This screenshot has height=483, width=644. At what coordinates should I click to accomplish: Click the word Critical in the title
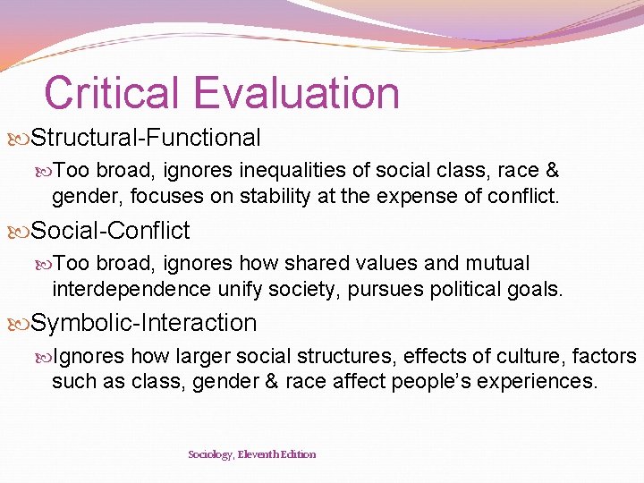click(113, 93)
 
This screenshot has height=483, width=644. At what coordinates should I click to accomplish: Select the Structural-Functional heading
click(146, 138)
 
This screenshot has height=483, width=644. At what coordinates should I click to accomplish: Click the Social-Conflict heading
click(111, 231)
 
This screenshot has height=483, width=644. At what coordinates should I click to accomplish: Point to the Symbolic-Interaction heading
click(144, 323)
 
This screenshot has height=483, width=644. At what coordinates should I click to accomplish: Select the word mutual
click(497, 264)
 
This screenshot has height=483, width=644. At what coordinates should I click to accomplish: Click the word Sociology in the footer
click(210, 454)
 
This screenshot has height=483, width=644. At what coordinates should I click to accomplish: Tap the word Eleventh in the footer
click(260, 454)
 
